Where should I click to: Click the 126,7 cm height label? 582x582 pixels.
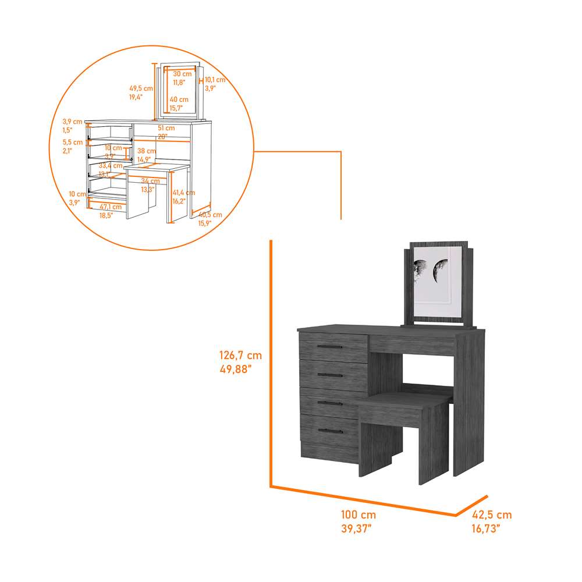240,354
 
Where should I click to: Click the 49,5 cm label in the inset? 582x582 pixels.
141,88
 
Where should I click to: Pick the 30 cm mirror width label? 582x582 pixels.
182,74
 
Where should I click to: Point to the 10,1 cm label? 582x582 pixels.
215,80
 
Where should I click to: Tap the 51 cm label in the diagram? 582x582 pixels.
166,127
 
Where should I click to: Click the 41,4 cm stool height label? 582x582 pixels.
183,193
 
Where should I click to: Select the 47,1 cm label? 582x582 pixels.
111,207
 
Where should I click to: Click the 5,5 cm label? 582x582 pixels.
73,142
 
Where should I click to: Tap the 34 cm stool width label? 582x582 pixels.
150,181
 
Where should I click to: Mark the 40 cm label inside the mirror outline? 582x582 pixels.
179,100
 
